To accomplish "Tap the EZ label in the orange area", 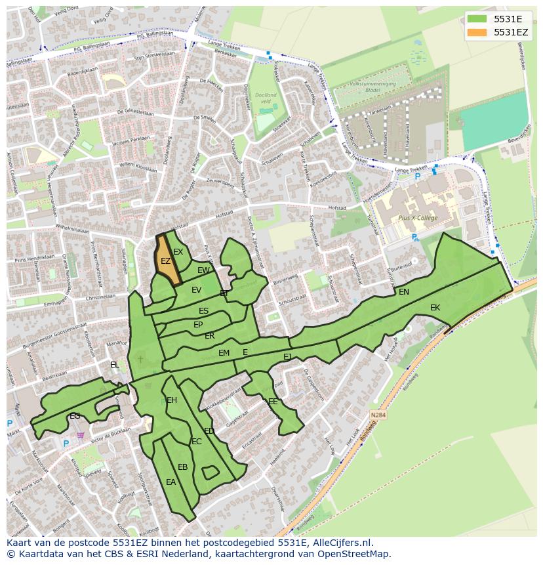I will [x=166, y=261].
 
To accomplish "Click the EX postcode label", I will [x=178, y=252].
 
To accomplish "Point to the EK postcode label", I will [x=435, y=307].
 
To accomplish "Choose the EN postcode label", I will [x=404, y=292].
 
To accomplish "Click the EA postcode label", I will [x=171, y=482].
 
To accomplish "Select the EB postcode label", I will [x=183, y=467].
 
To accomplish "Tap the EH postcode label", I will [x=172, y=400].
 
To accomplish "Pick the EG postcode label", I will [x=75, y=416].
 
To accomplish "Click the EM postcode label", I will [x=224, y=353].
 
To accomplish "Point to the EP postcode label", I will [x=198, y=325].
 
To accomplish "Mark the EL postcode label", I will [x=115, y=365].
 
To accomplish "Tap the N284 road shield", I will [x=378, y=415].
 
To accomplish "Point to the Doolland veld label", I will [x=266, y=98].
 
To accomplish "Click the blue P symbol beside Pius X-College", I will [x=414, y=238].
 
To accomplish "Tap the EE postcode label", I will [x=273, y=402].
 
